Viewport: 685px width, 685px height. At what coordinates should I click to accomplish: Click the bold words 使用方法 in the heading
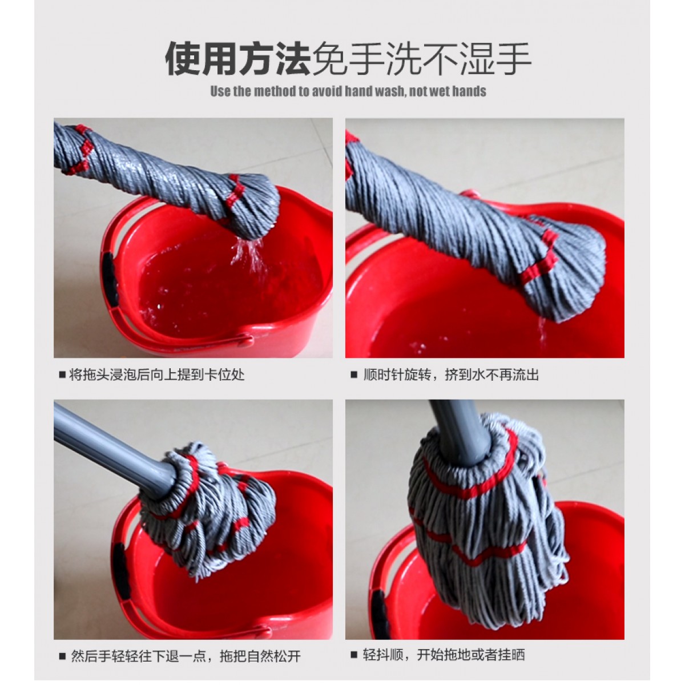pos(237,58)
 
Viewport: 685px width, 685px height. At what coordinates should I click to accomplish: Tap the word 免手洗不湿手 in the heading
pos(421,58)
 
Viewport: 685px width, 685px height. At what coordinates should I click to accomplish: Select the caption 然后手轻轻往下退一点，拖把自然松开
pos(185,526)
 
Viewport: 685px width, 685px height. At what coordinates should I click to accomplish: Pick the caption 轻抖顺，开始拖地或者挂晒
pos(444,525)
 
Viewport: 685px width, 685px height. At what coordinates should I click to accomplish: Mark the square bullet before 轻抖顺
pos(354,525)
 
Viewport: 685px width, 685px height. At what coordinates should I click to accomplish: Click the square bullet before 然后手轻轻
pos(63,526)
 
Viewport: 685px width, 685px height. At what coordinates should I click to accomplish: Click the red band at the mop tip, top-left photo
pos(236,190)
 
